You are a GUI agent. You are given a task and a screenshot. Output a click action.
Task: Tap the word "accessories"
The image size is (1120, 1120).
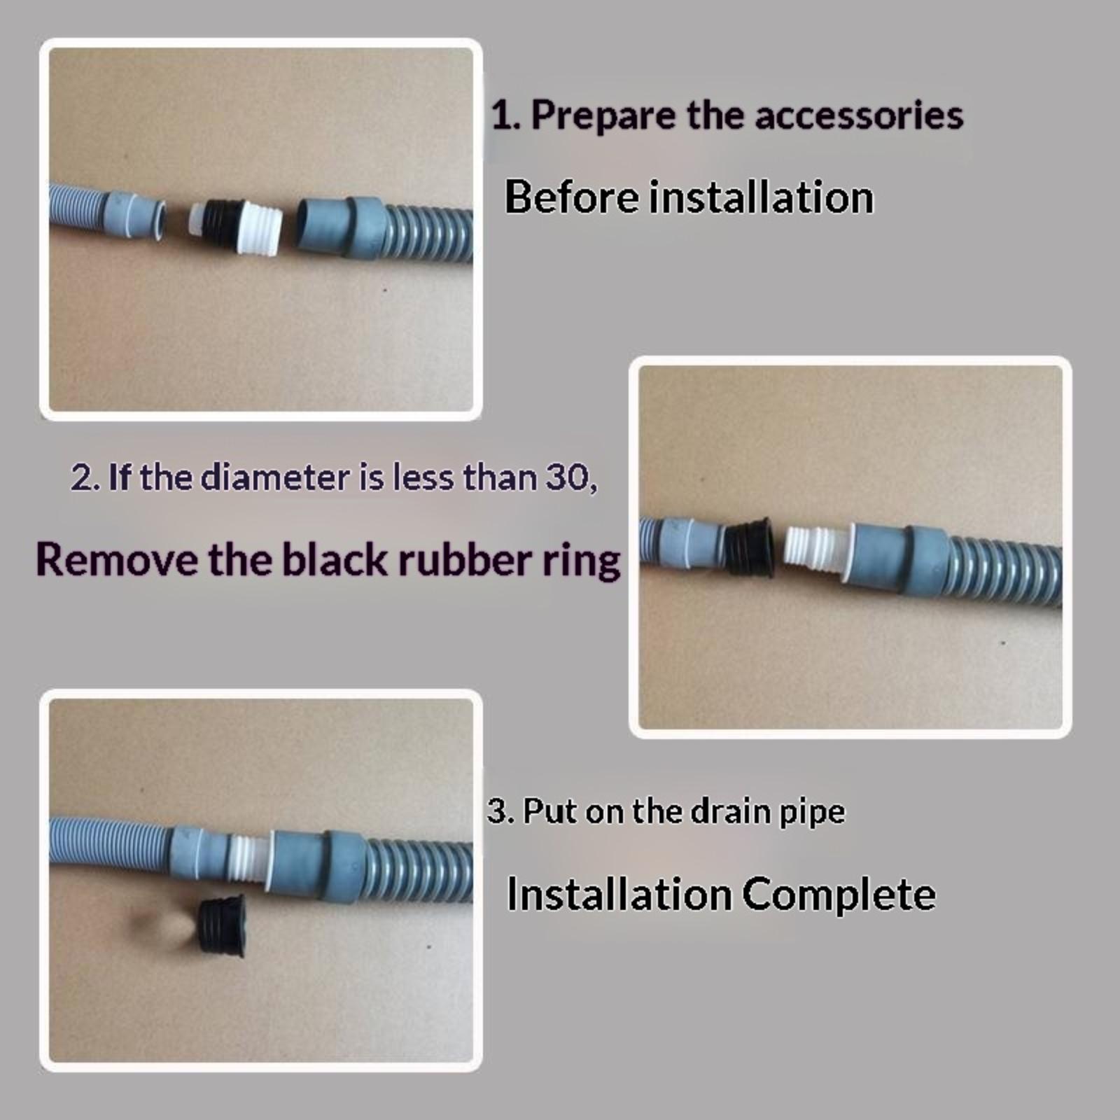click(x=859, y=115)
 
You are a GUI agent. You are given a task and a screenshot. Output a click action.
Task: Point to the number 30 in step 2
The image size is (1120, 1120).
click(x=566, y=477)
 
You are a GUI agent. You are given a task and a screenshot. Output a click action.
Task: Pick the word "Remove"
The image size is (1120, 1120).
click(x=117, y=560)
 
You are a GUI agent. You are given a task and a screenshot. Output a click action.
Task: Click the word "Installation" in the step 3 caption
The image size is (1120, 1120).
click(x=618, y=894)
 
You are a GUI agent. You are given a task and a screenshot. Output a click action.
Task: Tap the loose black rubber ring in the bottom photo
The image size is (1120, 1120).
click(x=220, y=924)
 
